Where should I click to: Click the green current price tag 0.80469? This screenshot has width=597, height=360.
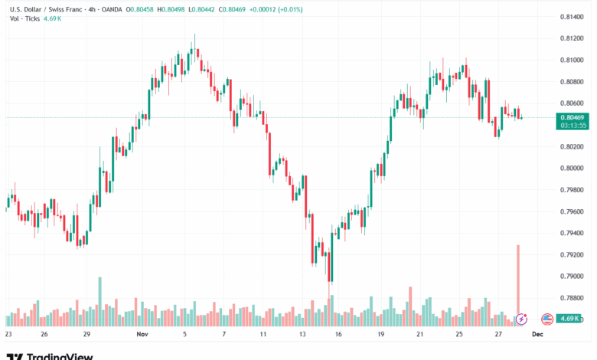tap(571, 116)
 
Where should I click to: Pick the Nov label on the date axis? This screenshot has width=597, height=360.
tap(141, 335)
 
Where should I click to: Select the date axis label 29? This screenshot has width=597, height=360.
tap(88, 335)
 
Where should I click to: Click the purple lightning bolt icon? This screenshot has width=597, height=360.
tap(522, 319)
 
